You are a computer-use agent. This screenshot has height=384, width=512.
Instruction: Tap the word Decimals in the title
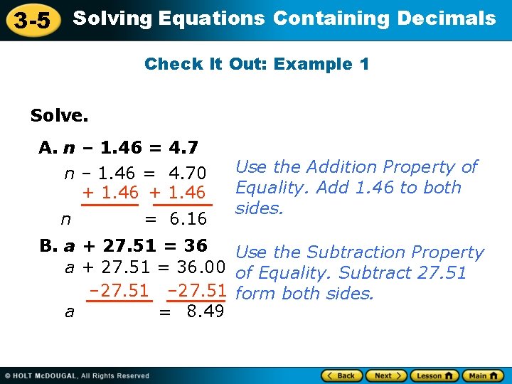pos(447,18)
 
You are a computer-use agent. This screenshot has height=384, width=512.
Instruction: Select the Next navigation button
pos(386,375)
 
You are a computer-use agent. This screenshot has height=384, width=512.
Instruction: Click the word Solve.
pos(59,114)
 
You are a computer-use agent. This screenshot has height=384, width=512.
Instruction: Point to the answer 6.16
pos(186,218)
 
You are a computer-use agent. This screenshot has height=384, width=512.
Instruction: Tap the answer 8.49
pos(205,311)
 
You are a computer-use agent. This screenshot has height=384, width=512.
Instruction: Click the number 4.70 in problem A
pos(187,174)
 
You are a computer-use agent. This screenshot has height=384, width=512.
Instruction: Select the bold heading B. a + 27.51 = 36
pos(124,246)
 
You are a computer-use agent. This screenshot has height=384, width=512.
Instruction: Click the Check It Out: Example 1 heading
pos(257,65)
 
